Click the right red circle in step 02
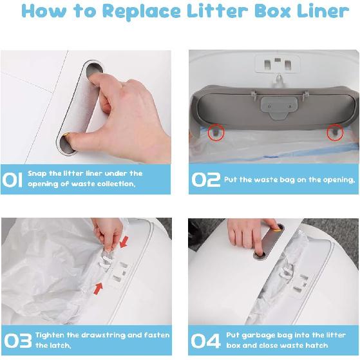tap(335, 131)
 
